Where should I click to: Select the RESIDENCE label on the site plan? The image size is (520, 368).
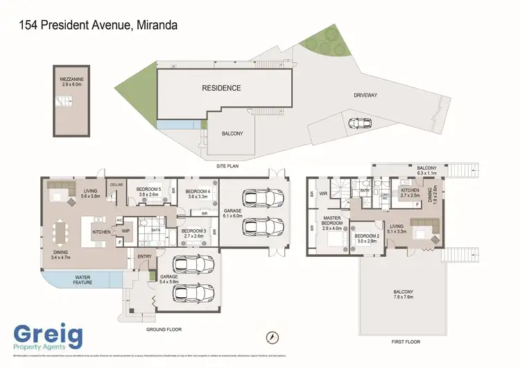tap(221, 88)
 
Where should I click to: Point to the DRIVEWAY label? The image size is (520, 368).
tap(365, 95)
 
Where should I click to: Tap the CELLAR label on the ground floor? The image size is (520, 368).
tap(116, 185)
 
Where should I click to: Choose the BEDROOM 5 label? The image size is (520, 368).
tap(148, 192)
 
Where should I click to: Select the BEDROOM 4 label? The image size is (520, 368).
tap(198, 194)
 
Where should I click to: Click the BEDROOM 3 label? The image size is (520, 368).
tap(193, 233)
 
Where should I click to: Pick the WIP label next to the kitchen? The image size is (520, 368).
tap(125, 231)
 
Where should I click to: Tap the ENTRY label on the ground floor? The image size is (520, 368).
tap(144, 257)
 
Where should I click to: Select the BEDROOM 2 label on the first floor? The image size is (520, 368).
tap(365, 238)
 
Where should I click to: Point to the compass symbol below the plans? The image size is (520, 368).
tap(272, 337)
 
